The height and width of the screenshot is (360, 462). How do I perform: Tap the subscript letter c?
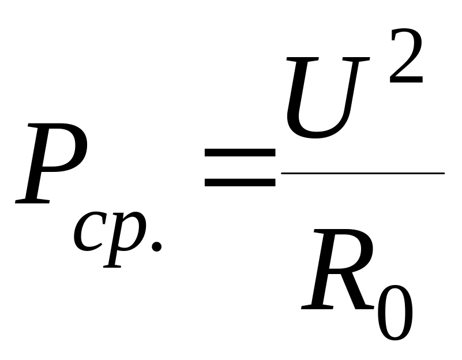tap(88, 232)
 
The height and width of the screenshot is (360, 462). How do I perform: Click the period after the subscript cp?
tap(156, 246)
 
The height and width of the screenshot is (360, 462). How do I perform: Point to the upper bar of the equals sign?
tap(240, 152)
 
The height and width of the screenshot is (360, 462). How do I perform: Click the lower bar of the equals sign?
tap(240, 182)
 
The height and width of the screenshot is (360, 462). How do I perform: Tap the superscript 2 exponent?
tap(406, 56)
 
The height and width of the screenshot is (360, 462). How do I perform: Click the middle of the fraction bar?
tap(363, 174)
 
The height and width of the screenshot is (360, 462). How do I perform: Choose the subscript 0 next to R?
tap(395, 313)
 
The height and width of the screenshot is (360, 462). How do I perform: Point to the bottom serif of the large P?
tap(32, 201)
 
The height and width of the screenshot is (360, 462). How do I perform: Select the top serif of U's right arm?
tap(356, 59)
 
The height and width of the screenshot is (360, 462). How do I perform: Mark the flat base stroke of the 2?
tap(406, 80)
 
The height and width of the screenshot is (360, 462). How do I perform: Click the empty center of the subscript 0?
tap(395, 313)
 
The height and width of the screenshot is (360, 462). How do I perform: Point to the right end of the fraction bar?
tap(444, 174)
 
